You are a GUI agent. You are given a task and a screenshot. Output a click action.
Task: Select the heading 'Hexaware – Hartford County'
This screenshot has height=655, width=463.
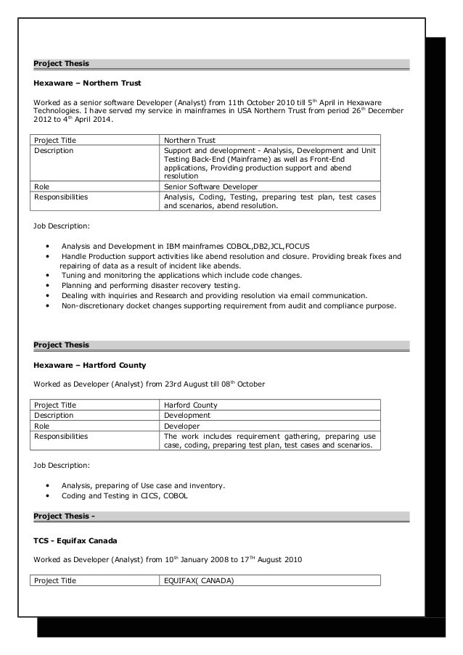point(90,364)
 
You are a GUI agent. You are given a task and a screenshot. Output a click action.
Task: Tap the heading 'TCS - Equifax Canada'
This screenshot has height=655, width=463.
point(75,541)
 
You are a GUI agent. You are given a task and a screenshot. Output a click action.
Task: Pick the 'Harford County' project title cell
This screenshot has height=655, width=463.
point(191,405)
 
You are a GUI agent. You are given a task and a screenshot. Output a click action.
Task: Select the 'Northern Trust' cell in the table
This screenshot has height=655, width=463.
point(189,140)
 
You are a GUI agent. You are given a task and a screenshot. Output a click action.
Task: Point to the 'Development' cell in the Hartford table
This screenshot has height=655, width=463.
point(187,416)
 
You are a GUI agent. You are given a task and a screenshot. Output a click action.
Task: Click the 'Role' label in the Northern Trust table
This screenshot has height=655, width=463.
point(42,186)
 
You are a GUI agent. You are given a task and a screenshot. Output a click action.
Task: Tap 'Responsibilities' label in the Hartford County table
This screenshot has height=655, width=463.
point(61,437)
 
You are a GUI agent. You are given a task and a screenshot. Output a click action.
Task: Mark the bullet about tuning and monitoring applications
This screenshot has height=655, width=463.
point(181,276)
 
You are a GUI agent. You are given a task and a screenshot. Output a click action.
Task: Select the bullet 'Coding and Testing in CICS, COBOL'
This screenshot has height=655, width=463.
point(124,495)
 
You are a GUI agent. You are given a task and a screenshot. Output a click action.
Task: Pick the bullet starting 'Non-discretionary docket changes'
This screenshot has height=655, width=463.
point(229,306)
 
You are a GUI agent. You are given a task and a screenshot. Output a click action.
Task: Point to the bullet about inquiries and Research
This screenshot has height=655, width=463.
point(214,296)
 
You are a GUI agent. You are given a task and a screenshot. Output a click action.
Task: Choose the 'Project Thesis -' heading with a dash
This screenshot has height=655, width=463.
point(65,516)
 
